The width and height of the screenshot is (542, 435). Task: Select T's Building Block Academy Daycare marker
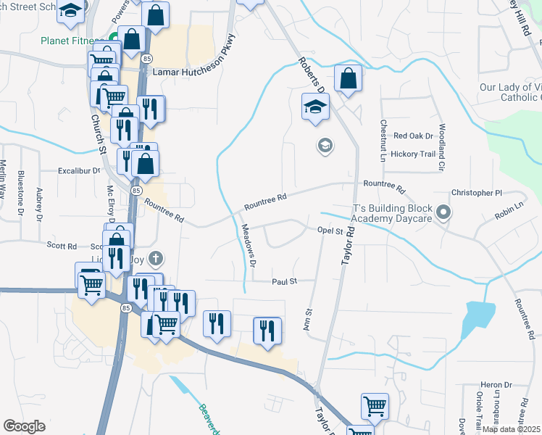pos(445,213)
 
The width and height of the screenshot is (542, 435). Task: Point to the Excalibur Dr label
pos(80,171)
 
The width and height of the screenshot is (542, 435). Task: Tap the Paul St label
pos(283,281)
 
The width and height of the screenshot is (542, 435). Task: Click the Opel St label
pos(329,231)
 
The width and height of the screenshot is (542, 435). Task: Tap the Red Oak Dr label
pos(413,136)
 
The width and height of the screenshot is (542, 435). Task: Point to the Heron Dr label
pos(496,385)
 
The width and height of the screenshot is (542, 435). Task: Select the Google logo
pos(24,426)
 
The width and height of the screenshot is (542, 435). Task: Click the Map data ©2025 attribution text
pos(511,429)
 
